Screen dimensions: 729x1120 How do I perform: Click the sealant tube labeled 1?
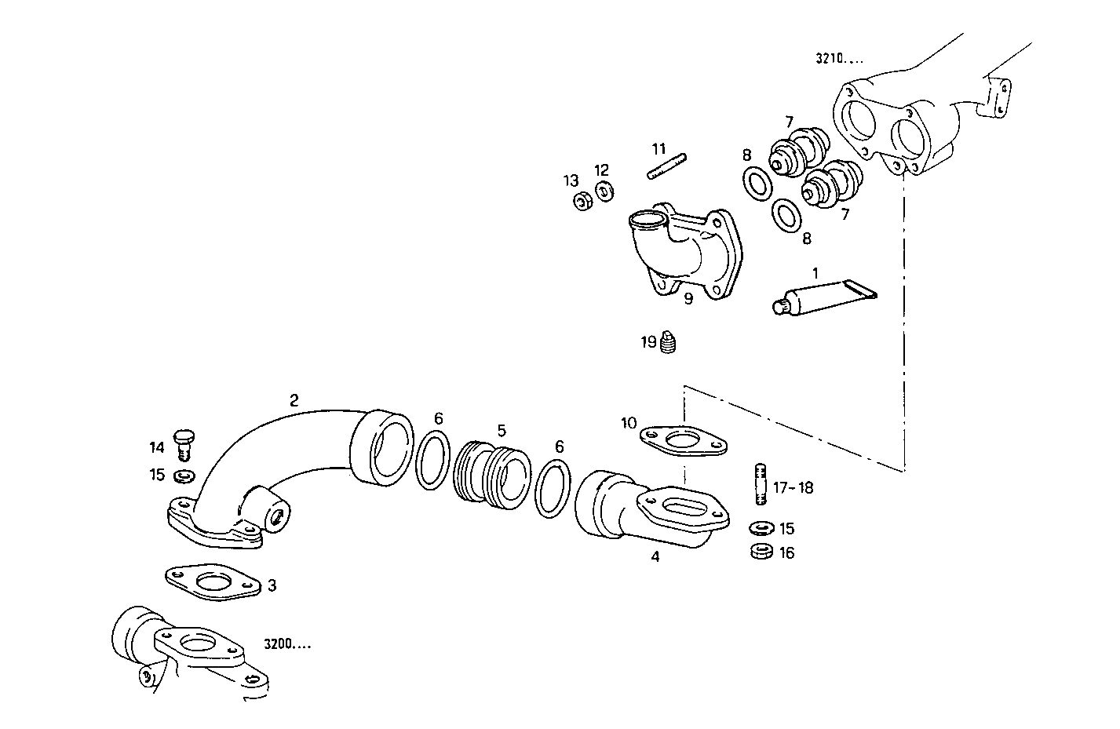(x=824, y=299)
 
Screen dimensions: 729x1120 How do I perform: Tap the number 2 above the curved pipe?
(x=294, y=400)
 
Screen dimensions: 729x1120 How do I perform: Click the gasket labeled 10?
(x=683, y=440)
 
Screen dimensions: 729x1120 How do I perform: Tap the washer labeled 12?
(x=604, y=191)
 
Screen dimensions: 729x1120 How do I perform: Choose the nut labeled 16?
(x=760, y=552)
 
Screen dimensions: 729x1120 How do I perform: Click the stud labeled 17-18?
(x=760, y=485)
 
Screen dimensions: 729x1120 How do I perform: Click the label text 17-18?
(x=793, y=488)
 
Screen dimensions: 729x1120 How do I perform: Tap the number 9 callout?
(x=688, y=299)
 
